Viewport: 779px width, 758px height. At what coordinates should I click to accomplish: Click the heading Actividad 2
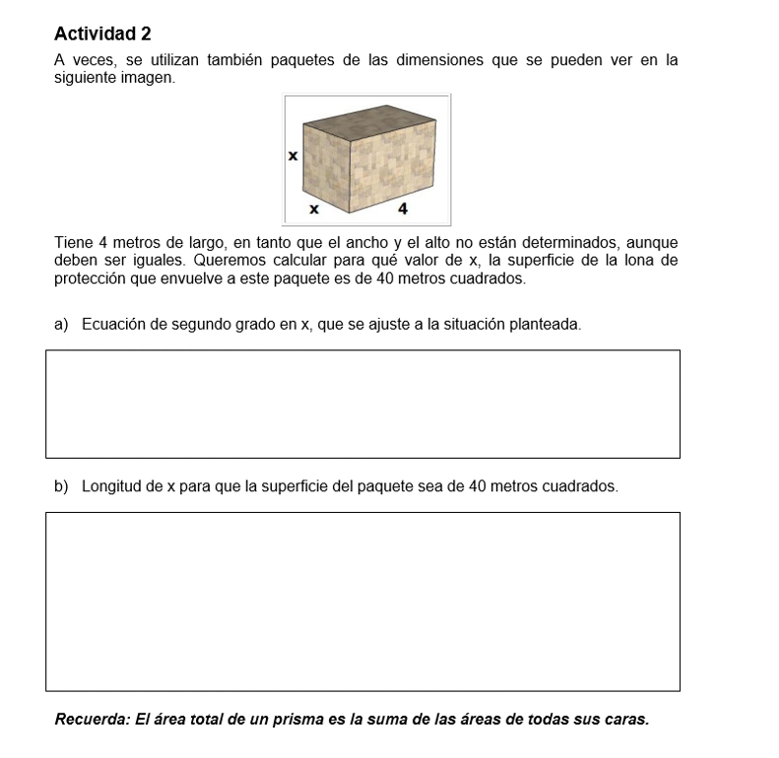tap(102, 33)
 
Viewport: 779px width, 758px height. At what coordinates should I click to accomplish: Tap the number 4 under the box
tap(403, 209)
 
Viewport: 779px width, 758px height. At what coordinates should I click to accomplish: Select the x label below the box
tap(314, 209)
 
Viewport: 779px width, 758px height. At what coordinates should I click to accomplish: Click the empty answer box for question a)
tap(362, 404)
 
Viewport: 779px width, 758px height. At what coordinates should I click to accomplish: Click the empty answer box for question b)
tap(362, 600)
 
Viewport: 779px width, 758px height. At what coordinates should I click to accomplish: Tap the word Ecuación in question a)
tap(115, 323)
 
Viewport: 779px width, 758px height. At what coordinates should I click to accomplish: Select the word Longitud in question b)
tap(112, 486)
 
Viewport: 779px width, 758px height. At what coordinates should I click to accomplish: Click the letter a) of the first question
tap(61, 323)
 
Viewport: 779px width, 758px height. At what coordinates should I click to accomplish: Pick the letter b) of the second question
tap(61, 486)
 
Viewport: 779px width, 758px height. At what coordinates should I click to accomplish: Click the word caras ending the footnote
tap(626, 719)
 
